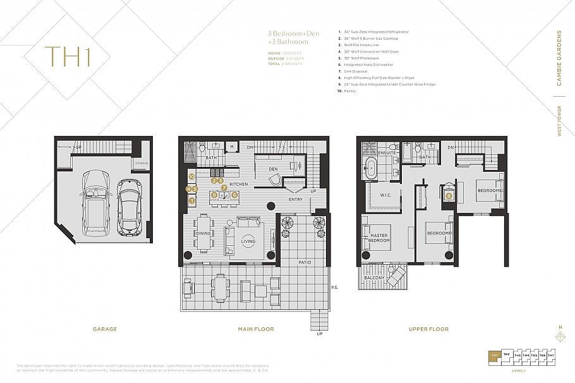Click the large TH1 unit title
coord(68,56)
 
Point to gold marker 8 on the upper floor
coord(449,196)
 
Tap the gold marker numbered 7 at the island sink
coord(224,188)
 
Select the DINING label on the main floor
coord(203,234)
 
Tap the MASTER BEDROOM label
coord(379,238)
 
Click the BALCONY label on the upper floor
coord(373,278)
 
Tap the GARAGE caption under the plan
coord(105,329)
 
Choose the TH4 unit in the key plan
coord(526,356)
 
